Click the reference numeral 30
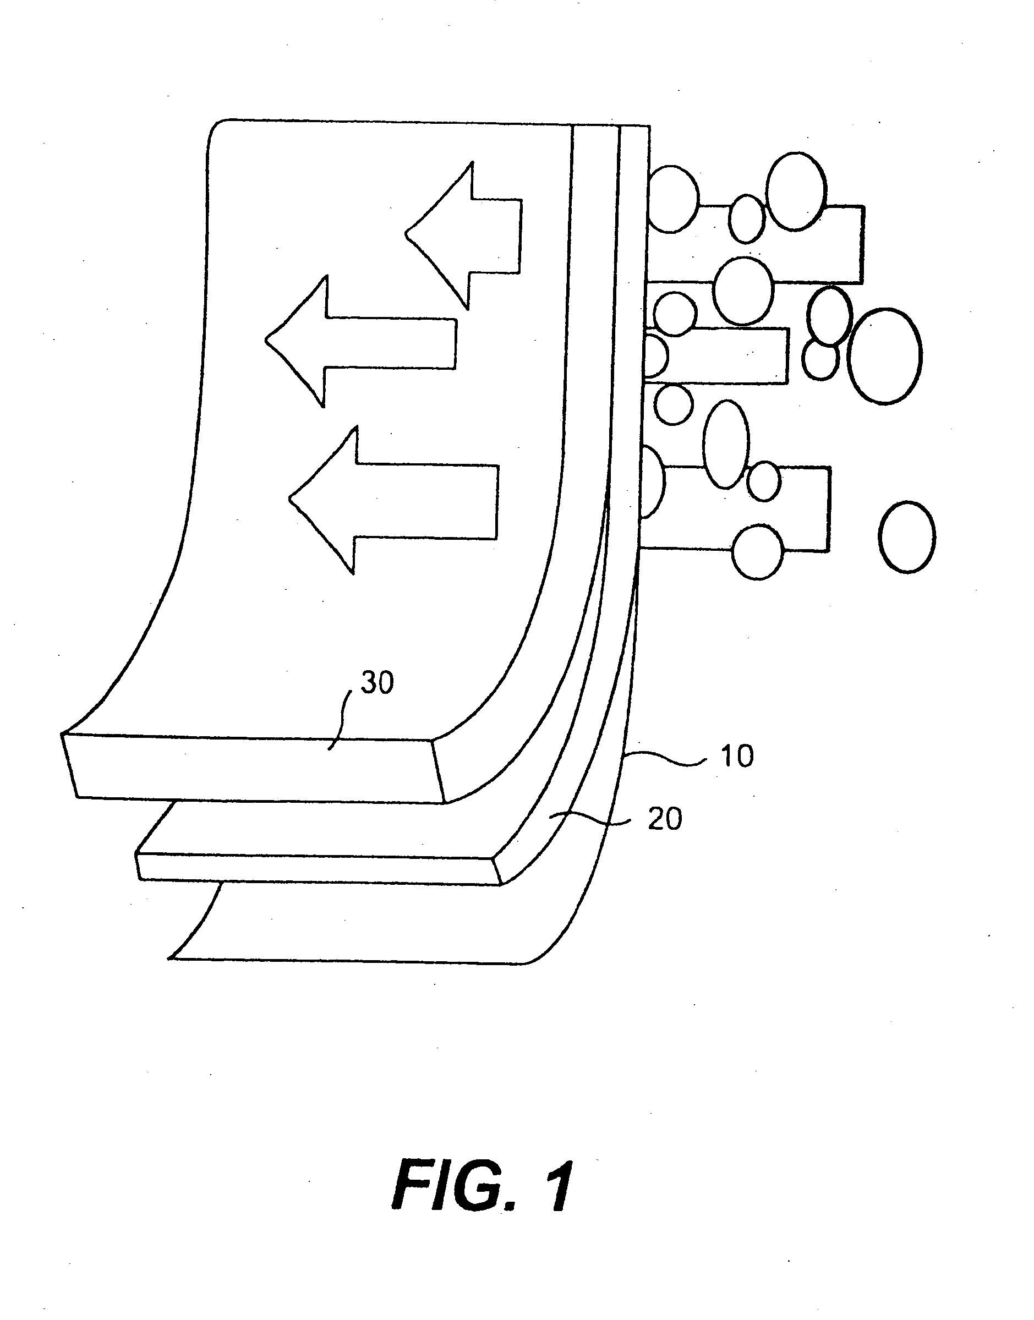coord(377,683)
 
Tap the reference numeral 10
coord(737,756)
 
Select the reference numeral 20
coord(665,819)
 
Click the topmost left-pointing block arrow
coord(464,235)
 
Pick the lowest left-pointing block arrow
coord(393,500)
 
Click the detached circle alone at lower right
coord(906,537)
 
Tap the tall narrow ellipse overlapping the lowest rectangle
coord(726,444)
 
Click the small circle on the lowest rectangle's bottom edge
coord(757,552)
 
